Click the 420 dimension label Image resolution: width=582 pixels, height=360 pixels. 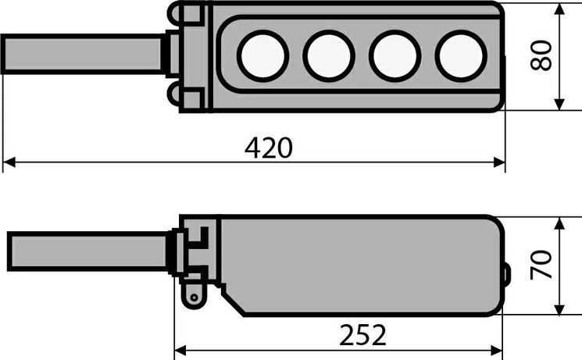[x=269, y=148]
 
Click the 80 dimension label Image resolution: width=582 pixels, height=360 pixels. [x=541, y=55]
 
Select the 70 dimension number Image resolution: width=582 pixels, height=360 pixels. [x=541, y=265]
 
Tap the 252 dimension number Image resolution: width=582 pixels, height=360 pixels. [x=362, y=335]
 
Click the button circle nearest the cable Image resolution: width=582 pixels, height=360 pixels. [x=262, y=55]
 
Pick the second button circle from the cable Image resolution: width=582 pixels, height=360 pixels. [x=329, y=55]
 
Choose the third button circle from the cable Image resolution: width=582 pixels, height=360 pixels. [x=395, y=55]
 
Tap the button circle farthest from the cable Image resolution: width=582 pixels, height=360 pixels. [x=461, y=55]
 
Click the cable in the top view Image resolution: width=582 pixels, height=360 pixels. [x=82, y=54]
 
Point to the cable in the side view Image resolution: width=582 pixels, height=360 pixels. [x=87, y=251]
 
